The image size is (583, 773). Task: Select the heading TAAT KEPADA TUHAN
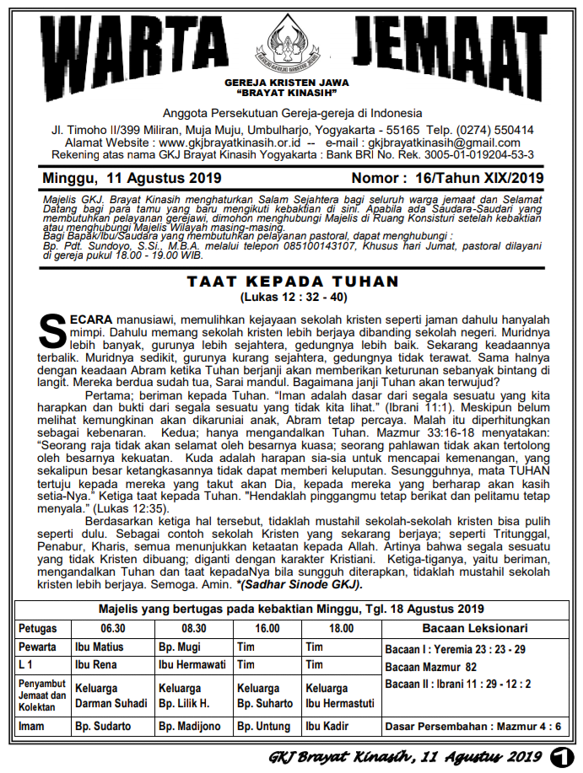point(292,282)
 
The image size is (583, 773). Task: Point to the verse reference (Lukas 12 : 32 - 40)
point(292,298)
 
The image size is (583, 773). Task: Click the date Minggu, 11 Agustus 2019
point(132,178)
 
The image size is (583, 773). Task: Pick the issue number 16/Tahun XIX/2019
point(473,178)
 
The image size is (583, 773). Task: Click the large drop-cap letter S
point(53,330)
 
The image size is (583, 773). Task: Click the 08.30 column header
point(194,629)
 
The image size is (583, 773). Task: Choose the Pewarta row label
point(38,647)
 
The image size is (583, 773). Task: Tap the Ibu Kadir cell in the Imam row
point(326,726)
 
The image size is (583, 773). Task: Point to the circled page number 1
point(560,754)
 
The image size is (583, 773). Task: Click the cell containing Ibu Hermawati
point(193,665)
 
